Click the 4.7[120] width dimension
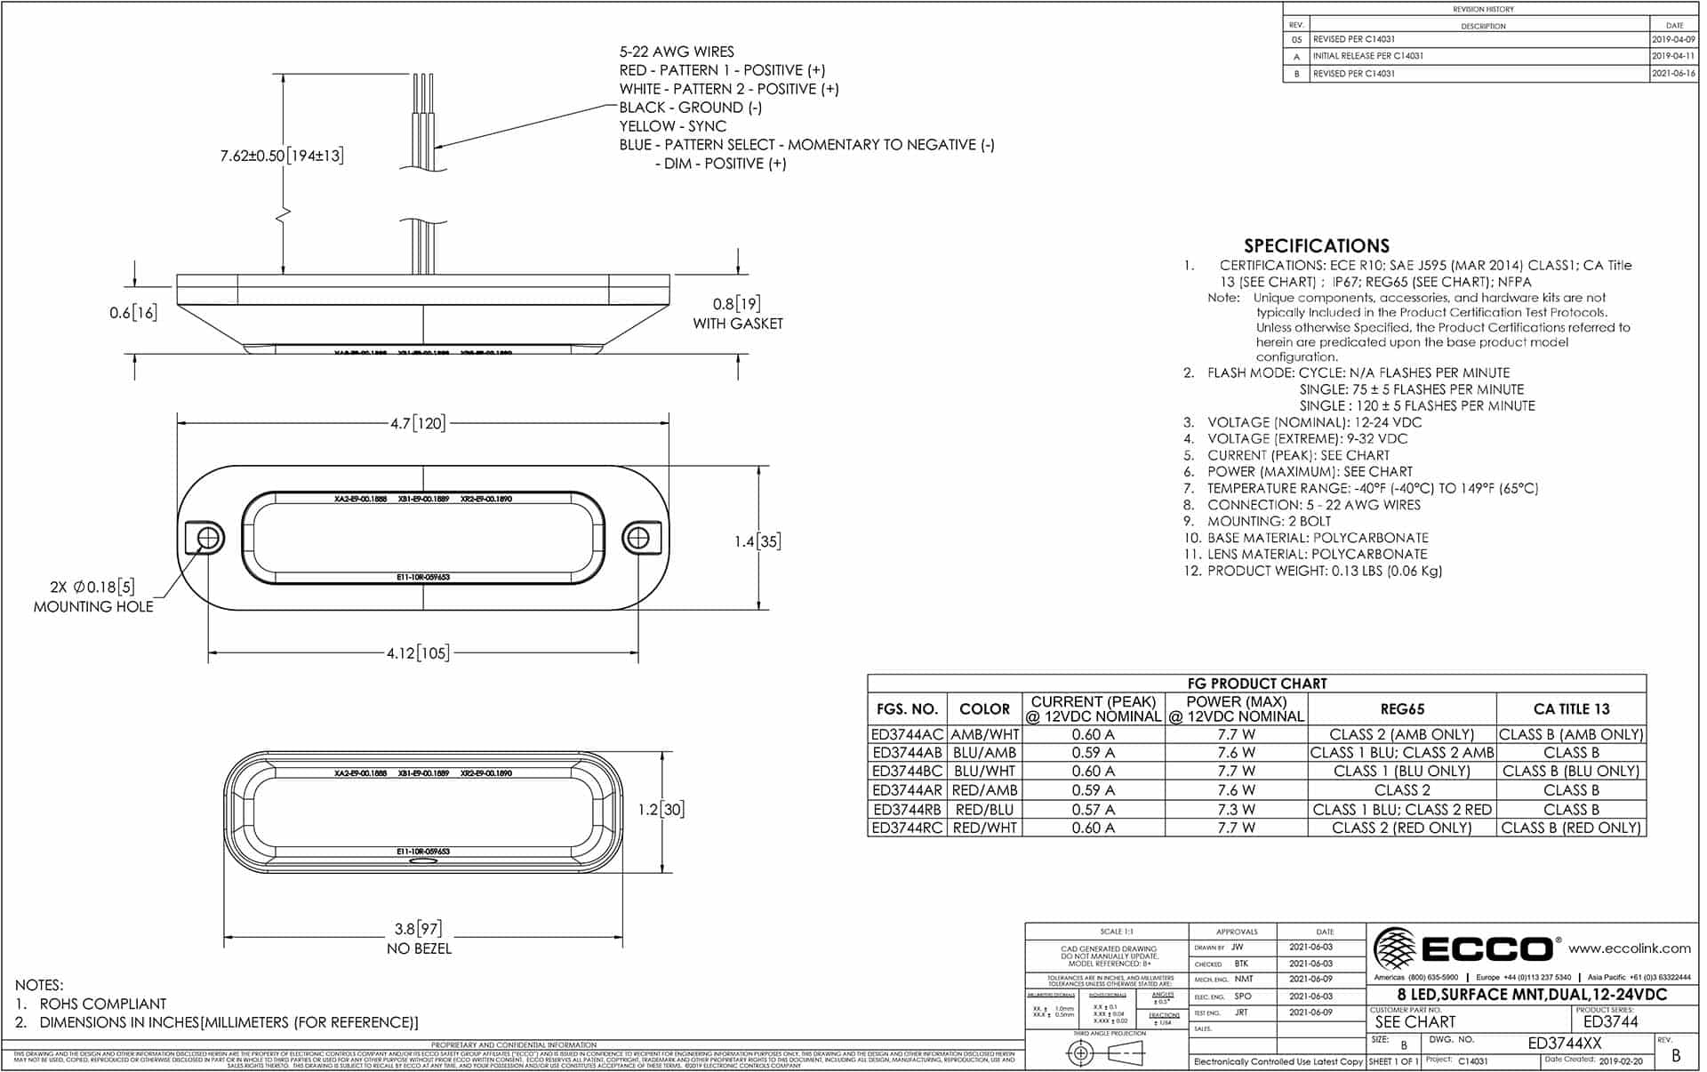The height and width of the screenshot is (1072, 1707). click(x=418, y=423)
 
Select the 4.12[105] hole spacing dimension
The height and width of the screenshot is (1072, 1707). click(x=418, y=653)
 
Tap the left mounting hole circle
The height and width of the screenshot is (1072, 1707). click(x=209, y=538)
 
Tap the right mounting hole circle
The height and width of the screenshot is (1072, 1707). click(x=637, y=538)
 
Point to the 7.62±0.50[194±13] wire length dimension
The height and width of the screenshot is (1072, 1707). click(x=282, y=156)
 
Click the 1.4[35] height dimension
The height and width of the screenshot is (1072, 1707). click(x=758, y=541)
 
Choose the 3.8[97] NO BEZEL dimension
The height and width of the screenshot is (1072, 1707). click(x=419, y=929)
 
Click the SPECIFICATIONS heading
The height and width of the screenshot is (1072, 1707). click(x=1316, y=246)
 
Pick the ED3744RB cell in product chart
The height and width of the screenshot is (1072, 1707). click(x=907, y=810)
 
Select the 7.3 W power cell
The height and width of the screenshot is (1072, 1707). click(x=1236, y=810)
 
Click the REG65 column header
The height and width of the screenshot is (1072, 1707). click(x=1402, y=709)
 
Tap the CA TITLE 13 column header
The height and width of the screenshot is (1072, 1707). click(x=1571, y=709)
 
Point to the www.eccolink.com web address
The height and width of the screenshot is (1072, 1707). click(x=1629, y=948)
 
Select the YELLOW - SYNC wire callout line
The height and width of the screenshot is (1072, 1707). click(x=672, y=126)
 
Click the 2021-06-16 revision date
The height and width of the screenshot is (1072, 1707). click(x=1673, y=74)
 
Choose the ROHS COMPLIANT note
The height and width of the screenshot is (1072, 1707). click(x=103, y=1004)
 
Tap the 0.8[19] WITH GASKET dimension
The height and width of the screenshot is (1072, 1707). click(x=737, y=313)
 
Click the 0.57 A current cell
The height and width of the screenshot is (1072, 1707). click(x=1093, y=810)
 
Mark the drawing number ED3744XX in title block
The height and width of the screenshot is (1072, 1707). click(x=1564, y=1044)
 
